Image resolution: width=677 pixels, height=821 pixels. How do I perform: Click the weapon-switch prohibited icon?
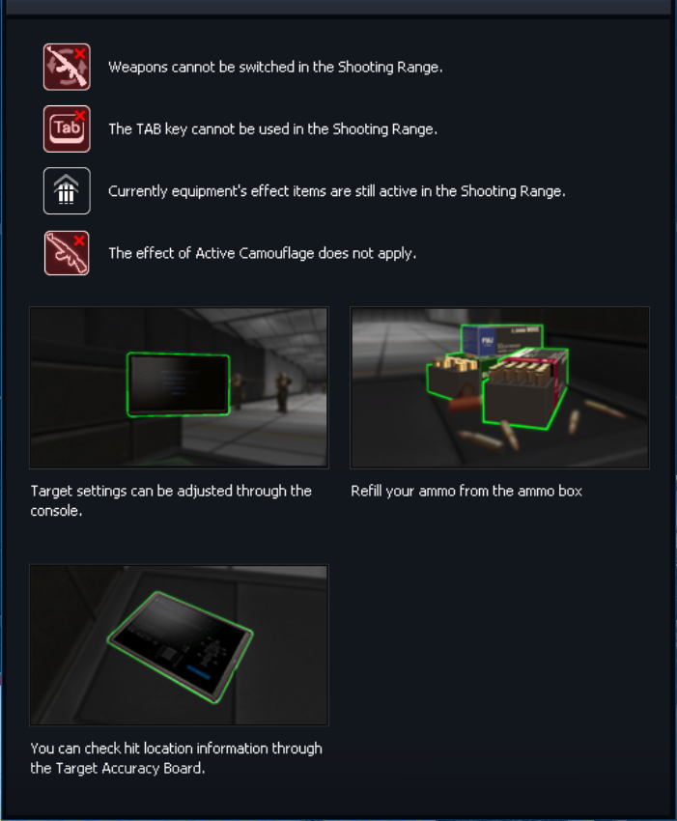(67, 67)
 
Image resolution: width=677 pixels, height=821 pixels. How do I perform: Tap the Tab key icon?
(67, 128)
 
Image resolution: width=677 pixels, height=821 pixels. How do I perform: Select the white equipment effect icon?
(67, 191)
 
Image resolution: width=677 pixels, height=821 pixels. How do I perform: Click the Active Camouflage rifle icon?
(67, 253)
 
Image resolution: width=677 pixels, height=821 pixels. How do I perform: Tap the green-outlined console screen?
(179, 384)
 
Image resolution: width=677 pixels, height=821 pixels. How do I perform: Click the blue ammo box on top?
(501, 340)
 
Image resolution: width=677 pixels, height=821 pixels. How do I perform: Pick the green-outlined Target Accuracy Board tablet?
(180, 647)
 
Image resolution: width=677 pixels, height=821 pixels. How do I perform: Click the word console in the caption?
(54, 511)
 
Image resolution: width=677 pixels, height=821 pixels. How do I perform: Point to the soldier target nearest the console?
(239, 390)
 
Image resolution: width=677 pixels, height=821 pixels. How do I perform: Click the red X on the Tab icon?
(80, 115)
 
